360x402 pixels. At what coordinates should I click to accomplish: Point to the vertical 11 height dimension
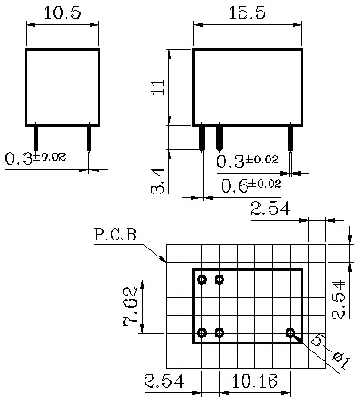click(158, 86)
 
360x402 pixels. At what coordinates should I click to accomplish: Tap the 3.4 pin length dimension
click(157, 178)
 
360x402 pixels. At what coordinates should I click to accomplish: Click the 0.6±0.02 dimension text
click(251, 185)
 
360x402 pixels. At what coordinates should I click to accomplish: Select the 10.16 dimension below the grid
click(254, 382)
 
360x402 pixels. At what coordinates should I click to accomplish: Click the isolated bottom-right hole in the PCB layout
click(290, 333)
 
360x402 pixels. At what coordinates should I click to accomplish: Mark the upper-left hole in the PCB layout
click(202, 280)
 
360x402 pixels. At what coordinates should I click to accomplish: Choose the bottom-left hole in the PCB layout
click(202, 333)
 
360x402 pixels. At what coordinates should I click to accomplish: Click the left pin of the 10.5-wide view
click(35, 138)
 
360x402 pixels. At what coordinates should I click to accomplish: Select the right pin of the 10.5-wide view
click(89, 138)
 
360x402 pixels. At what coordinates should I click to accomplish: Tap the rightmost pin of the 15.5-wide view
click(290, 138)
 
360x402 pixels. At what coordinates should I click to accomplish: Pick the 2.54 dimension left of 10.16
click(166, 382)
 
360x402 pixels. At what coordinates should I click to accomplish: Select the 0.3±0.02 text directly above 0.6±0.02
click(249, 161)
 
